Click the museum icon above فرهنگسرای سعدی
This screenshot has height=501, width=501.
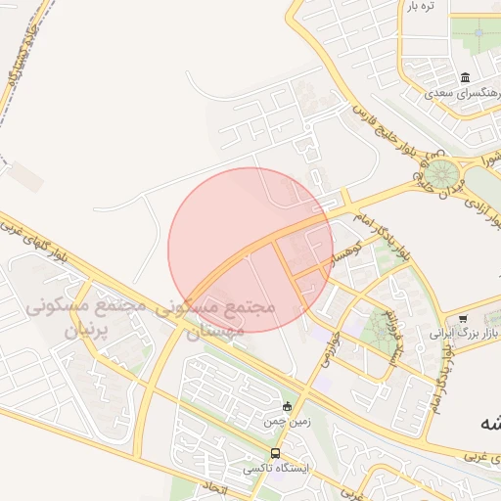click(464, 78)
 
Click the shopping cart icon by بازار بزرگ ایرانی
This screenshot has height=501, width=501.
click(463, 319)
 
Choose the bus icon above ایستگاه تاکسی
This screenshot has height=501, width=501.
click(275, 454)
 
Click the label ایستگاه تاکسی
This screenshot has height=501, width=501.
click(275, 469)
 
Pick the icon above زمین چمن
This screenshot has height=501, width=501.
click(287, 407)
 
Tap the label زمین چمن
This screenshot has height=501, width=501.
click(284, 422)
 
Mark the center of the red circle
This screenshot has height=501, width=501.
click(250, 250)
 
